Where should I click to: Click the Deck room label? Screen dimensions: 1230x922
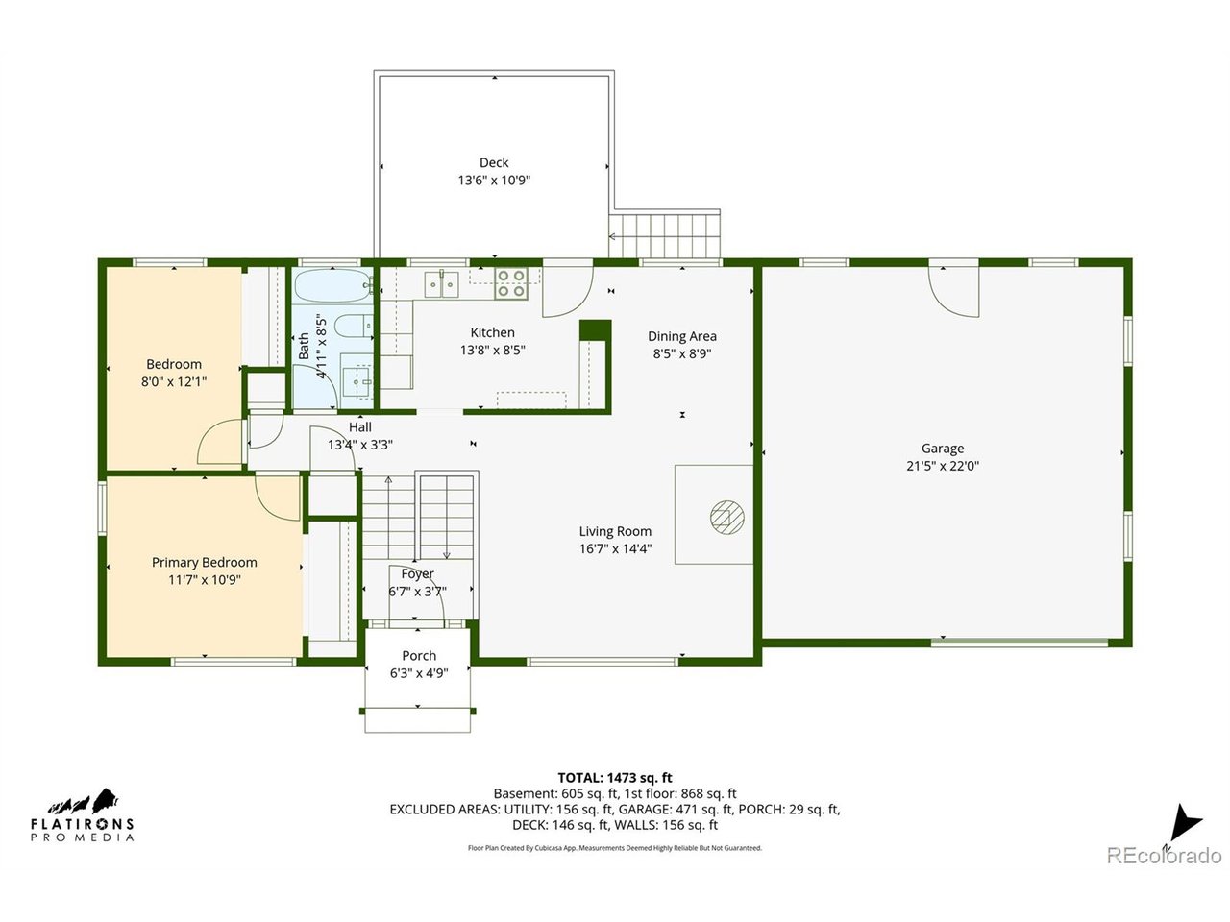coord(494,162)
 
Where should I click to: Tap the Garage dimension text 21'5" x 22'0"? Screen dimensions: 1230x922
coord(943,466)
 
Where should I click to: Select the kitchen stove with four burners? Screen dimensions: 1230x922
coord(511,283)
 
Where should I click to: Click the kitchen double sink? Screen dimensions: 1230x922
coord(442,284)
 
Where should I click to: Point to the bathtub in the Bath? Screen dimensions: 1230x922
coord(332,286)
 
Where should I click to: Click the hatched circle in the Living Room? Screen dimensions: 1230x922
coord(726,517)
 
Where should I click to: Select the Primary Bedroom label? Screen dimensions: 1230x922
coord(205,562)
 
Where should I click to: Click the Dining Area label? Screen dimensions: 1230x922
coord(682,336)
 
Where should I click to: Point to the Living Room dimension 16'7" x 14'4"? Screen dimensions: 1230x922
coord(615,548)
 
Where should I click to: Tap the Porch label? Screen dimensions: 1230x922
coord(419,656)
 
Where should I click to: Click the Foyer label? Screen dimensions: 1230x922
coord(417,573)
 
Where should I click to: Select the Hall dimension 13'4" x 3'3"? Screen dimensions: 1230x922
coord(360,445)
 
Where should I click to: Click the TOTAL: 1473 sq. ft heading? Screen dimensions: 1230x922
coord(615,778)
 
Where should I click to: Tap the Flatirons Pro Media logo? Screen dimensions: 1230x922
coord(83,815)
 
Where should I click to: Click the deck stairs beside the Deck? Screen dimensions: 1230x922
coord(665,235)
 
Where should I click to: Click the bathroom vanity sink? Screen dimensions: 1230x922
coord(357,382)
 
